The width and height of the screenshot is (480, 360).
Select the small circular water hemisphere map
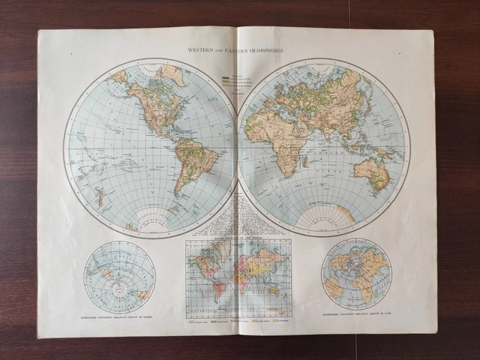(119, 276)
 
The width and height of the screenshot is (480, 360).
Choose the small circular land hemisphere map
(355, 274)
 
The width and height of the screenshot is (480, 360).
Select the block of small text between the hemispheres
(237, 214)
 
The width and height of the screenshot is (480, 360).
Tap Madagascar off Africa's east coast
(305, 160)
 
